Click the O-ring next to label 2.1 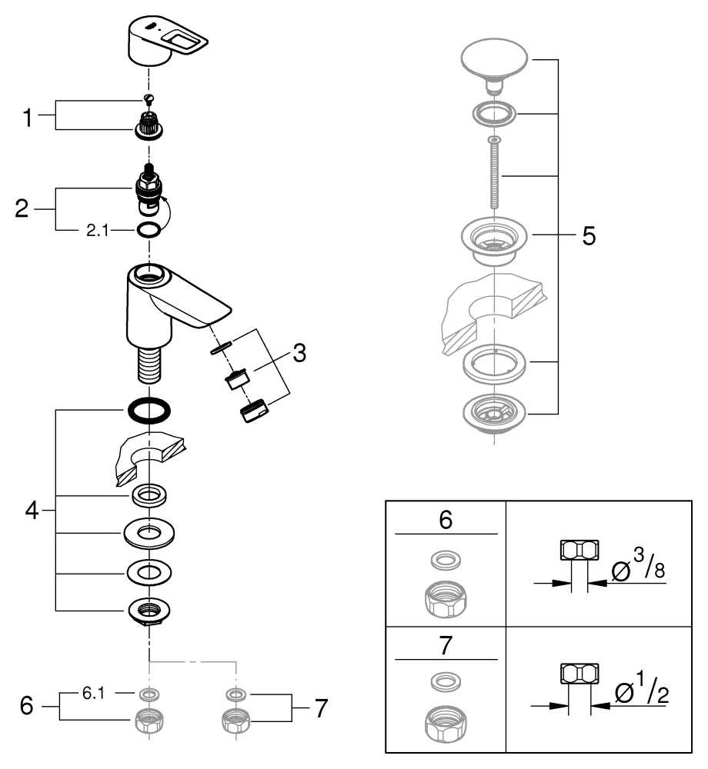(149, 229)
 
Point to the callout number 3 (299, 355)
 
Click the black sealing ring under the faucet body (149, 410)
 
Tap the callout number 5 (588, 235)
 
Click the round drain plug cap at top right (494, 62)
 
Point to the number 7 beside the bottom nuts (320, 706)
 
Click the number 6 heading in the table (446, 520)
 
